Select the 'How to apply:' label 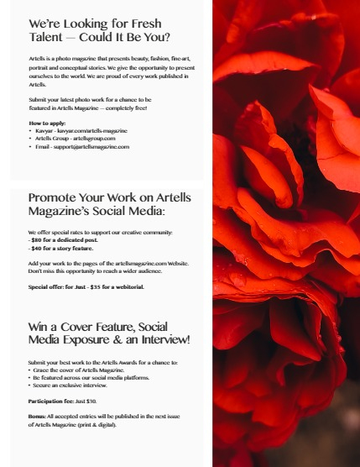(47, 123)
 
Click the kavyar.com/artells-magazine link (93, 131)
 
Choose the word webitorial (127, 286)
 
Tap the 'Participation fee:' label (50, 401)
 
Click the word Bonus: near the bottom (39, 417)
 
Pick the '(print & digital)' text (95, 425)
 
